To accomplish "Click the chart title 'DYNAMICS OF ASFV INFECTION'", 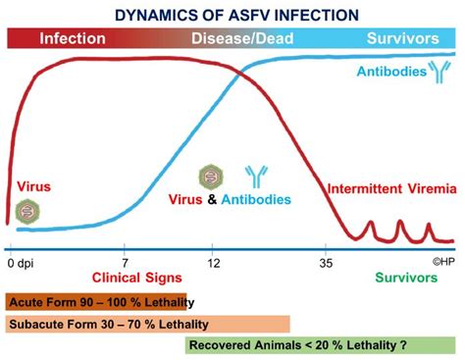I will coord(232,16).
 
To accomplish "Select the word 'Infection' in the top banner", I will coord(73,39).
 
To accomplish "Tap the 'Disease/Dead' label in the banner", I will coord(233,39).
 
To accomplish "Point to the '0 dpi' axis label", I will coord(19,263).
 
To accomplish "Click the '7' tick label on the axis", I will coord(126,263).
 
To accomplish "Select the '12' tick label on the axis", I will coord(215,263).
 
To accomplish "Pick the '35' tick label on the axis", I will coord(326,263).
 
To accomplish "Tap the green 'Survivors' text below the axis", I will coord(405,279).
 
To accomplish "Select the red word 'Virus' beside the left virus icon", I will coord(34,185).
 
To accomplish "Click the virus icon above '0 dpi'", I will coord(28,211).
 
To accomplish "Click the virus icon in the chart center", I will coord(210,177).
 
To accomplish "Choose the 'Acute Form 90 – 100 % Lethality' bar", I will coord(98,302).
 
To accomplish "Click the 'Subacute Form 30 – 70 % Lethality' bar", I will coord(147,324).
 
